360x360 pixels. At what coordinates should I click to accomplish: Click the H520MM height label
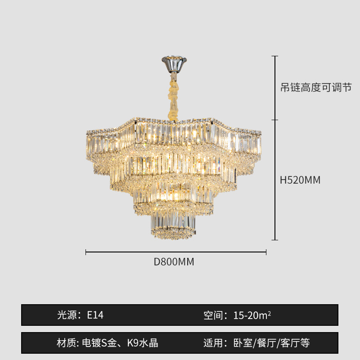click(300, 180)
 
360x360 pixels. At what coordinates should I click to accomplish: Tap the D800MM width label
click(174, 262)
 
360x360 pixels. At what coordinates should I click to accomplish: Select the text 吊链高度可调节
click(315, 88)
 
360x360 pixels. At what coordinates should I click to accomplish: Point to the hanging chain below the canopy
click(174, 97)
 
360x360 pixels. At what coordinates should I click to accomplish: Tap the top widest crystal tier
click(173, 135)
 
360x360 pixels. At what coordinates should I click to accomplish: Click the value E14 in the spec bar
click(95, 315)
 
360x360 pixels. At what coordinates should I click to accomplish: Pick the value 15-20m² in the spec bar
click(252, 315)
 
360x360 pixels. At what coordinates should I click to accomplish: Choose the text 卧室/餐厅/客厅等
click(272, 343)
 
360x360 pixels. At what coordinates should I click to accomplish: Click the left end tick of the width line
click(86, 252)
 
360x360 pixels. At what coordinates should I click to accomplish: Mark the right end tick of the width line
click(266, 252)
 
